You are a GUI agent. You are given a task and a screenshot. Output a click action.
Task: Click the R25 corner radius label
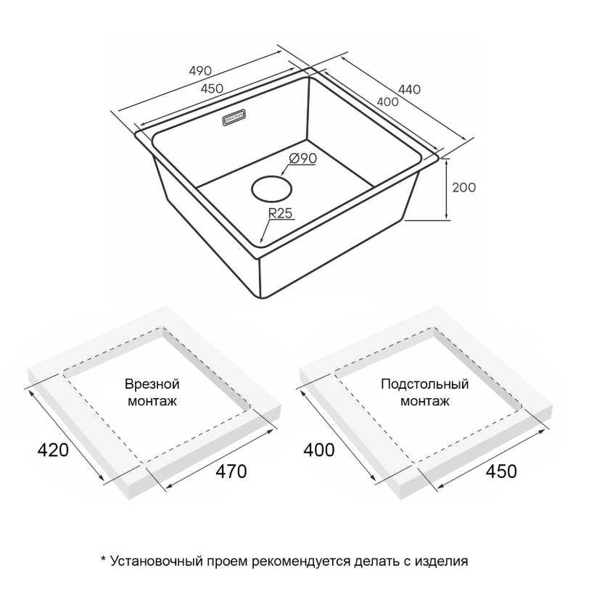pyautogui.click(x=279, y=213)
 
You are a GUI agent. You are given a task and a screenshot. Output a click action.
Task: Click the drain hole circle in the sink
pyautogui.click(x=272, y=189)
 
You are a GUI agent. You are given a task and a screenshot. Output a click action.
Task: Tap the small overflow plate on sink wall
pyautogui.click(x=234, y=117)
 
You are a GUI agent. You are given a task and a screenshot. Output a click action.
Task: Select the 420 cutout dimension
pyautogui.click(x=52, y=450)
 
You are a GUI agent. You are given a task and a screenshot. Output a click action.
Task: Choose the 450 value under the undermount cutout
pyautogui.click(x=501, y=471)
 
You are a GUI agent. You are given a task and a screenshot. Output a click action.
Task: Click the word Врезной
pyautogui.click(x=152, y=384)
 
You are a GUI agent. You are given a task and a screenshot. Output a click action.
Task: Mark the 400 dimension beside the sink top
pyautogui.click(x=388, y=102)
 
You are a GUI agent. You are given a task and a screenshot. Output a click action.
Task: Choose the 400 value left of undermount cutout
pyautogui.click(x=319, y=450)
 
